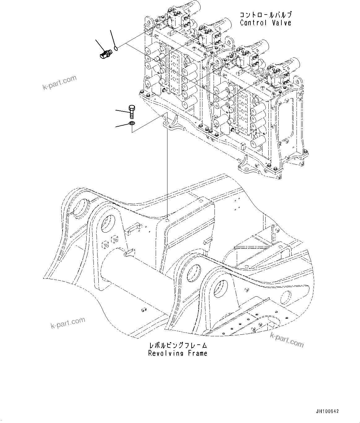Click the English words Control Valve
tap(265, 23)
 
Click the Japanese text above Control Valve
tap(265, 15)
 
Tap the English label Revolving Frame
tap(178, 353)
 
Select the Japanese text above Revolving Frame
tap(178, 345)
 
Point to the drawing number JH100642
tap(327, 412)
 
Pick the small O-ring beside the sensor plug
tap(116, 48)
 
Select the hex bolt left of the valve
tap(131, 111)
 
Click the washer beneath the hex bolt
tap(131, 124)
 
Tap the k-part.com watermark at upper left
tap(59, 82)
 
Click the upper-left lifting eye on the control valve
tap(149, 22)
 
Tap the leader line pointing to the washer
tap(121, 125)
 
